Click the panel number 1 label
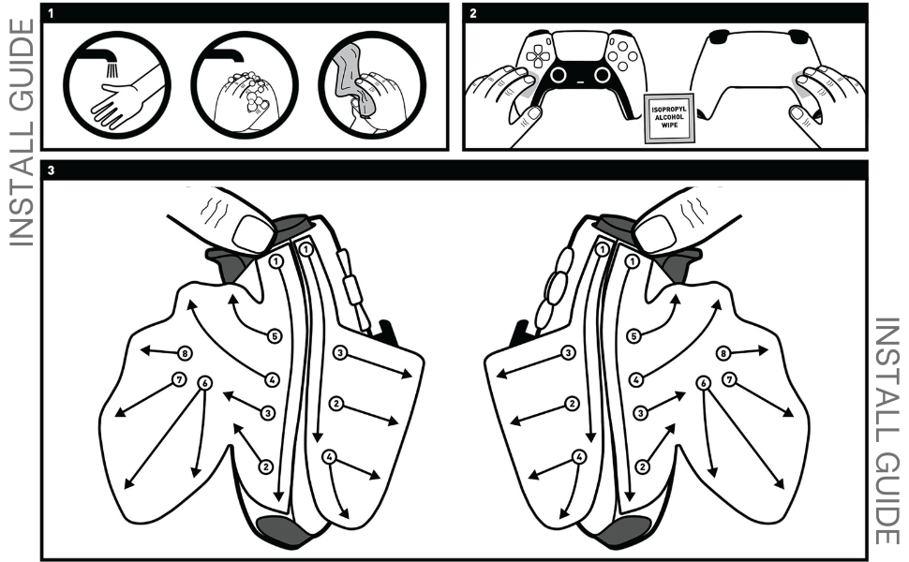tap(51, 13)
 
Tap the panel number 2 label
tap(472, 13)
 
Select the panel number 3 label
tap(51, 170)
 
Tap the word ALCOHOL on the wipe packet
tap(668, 117)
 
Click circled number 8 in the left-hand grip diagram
tap(185, 353)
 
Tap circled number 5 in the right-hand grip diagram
tap(634, 335)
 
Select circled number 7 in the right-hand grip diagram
tap(728, 378)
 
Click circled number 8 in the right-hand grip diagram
tap(723, 353)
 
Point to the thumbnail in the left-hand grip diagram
tap(251, 229)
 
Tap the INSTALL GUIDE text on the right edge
tap(887, 431)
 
